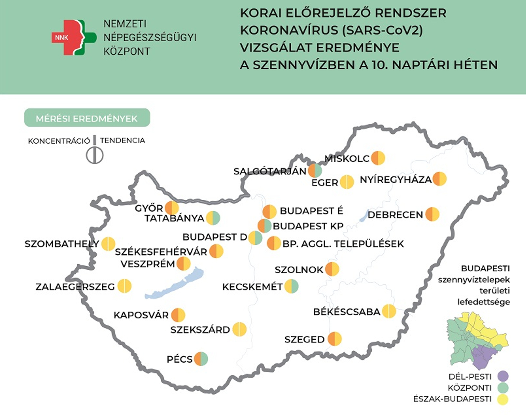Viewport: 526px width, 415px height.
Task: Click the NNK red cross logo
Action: (x=73, y=37)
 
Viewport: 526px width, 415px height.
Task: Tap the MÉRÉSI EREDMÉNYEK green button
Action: (x=87, y=118)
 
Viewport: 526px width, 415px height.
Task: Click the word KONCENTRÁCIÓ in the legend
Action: (x=59, y=141)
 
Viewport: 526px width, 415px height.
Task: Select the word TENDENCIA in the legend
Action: (x=123, y=141)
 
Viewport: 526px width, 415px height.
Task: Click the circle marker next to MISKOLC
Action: (x=378, y=158)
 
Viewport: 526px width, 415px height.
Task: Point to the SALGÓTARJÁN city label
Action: (x=270, y=171)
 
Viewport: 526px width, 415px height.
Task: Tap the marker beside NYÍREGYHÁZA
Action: (x=439, y=179)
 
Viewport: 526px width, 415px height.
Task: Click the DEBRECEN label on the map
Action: (x=395, y=215)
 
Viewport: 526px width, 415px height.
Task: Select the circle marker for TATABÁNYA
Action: (x=213, y=218)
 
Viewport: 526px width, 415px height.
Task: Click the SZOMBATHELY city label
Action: (x=62, y=244)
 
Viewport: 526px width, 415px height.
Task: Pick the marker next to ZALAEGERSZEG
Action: (x=124, y=286)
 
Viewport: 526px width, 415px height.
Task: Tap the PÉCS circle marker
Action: (x=201, y=359)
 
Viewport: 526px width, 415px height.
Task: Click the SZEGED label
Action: (x=305, y=340)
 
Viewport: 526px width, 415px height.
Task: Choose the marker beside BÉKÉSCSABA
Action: (x=389, y=311)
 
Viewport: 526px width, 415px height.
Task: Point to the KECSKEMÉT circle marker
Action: (x=291, y=286)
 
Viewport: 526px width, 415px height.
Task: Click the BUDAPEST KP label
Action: (x=308, y=226)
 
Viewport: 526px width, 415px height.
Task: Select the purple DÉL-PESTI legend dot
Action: (x=503, y=376)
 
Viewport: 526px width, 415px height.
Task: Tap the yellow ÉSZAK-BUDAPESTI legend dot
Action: (x=503, y=399)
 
